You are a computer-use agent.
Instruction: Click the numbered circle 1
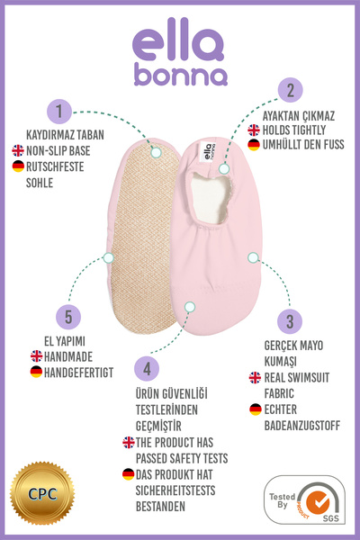pos(59,112)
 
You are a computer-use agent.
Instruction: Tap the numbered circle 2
pos(291,90)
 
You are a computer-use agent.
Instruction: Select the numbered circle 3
pos(290,321)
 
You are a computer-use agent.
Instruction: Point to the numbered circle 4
pos(147,368)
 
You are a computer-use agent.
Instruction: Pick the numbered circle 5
pos(68,317)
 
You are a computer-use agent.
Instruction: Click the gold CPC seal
pos(42,493)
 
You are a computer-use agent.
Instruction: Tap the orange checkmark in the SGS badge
pos(318,501)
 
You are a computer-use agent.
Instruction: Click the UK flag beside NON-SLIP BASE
pos(18,150)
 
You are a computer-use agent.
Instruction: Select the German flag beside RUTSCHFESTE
pos(18,166)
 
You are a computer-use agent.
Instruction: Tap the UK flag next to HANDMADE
pos(36,356)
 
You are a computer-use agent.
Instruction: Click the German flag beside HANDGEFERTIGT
pos(36,372)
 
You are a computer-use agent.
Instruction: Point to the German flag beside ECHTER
pos(256,409)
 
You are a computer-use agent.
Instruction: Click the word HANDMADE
pos(68,356)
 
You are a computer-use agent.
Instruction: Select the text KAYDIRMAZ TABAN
pos(65,135)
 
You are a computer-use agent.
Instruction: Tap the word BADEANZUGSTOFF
pos(302,426)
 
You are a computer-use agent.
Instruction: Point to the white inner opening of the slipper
pos(210,198)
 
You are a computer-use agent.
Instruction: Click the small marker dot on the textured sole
pos(156,152)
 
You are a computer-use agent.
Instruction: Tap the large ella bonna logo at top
pos(180,51)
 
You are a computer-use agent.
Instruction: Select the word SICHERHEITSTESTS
pos(175,490)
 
